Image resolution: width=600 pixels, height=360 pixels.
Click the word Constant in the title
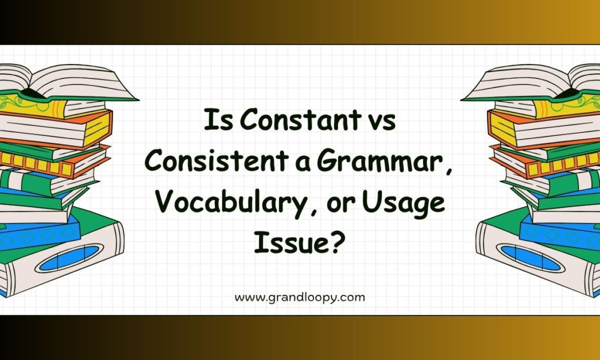(300, 120)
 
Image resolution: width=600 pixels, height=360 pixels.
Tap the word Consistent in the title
(217, 161)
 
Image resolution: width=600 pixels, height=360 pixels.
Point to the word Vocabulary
(229, 203)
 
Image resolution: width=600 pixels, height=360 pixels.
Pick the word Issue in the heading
(291, 242)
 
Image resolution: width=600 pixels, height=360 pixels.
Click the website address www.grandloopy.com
(299, 298)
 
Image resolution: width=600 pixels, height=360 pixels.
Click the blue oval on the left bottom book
(69, 258)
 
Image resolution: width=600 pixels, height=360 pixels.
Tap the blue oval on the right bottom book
(531, 258)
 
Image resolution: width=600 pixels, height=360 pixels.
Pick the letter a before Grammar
(302, 164)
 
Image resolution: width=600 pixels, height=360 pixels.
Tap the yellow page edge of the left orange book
(97, 128)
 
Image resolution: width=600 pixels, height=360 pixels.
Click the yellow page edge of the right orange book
(502, 128)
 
